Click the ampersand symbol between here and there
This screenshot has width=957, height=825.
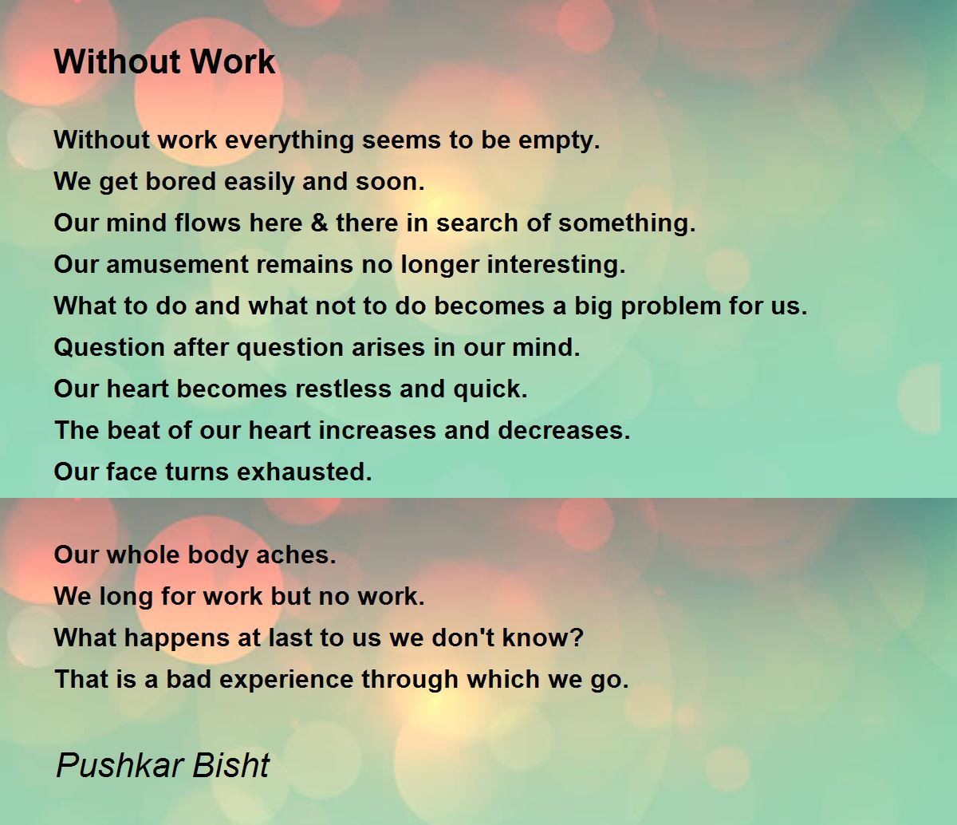tap(319, 223)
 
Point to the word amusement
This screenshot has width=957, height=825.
tap(177, 264)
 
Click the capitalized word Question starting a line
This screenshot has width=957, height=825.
tap(109, 347)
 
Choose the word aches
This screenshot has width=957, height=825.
tap(292, 555)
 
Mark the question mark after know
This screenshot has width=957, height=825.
tap(577, 637)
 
